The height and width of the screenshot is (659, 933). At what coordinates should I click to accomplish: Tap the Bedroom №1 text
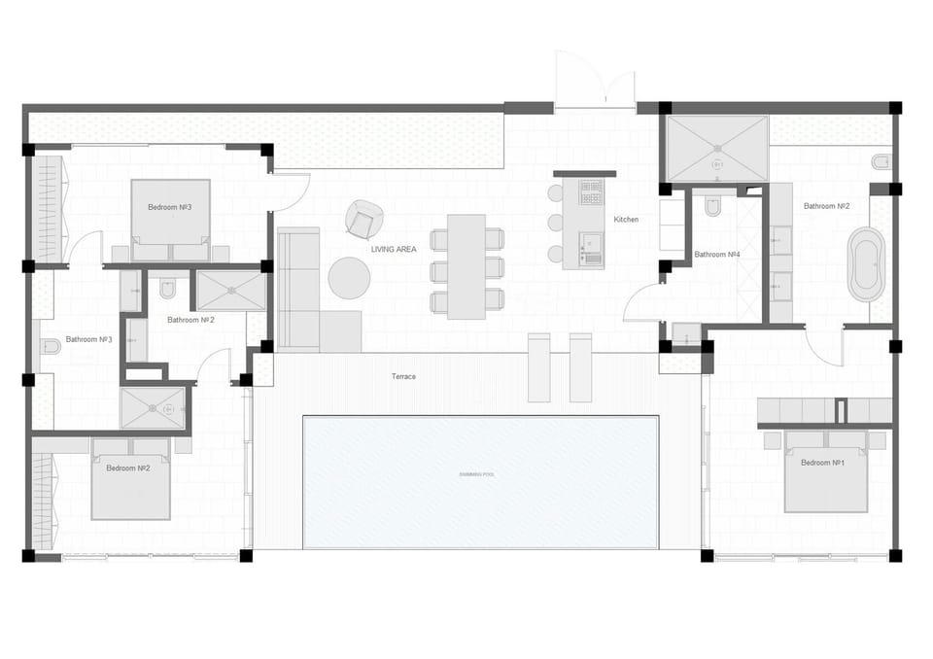click(822, 463)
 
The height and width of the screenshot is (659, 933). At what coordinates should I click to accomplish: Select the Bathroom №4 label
click(717, 255)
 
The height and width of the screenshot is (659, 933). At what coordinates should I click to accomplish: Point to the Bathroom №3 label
click(89, 340)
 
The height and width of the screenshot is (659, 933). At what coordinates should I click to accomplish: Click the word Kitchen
click(626, 220)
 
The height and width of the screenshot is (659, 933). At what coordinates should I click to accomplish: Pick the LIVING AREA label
click(394, 250)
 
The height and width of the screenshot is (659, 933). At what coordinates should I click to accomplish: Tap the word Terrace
click(403, 376)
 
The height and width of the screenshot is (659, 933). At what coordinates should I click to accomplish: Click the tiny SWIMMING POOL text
click(476, 474)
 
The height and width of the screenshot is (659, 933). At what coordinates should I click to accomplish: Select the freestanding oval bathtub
click(866, 264)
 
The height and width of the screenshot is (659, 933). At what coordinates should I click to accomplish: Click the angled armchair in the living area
click(363, 220)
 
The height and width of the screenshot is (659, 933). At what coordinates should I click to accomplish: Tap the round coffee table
click(349, 278)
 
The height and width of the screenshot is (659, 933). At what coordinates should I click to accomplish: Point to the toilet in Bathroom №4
click(712, 206)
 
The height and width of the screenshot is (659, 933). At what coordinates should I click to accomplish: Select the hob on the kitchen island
click(591, 192)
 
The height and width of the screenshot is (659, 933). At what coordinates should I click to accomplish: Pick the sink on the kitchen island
click(590, 240)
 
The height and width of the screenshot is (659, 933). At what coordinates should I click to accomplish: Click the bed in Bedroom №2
click(131, 481)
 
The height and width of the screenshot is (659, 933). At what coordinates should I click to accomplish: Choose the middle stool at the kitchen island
click(556, 223)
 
